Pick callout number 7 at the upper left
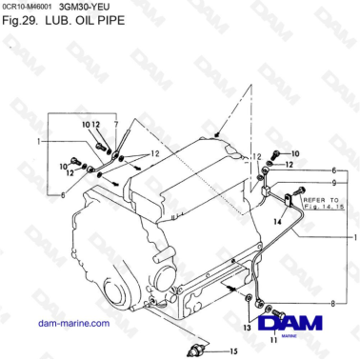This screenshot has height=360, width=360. [115, 125]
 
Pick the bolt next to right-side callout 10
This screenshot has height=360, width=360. [273, 153]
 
